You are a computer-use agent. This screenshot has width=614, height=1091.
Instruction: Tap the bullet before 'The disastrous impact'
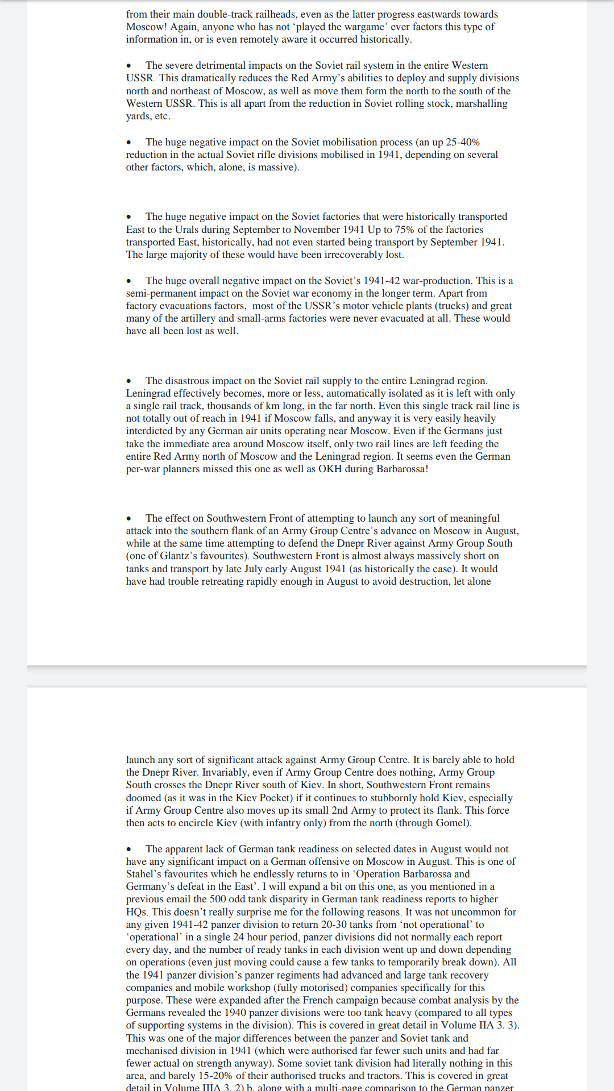tap(129, 381)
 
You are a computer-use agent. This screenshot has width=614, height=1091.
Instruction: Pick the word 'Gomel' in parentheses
tap(452, 823)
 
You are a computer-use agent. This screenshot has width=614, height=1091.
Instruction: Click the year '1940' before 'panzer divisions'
tap(235, 1013)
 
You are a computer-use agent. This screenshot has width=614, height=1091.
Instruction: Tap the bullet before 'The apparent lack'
tap(129, 850)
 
